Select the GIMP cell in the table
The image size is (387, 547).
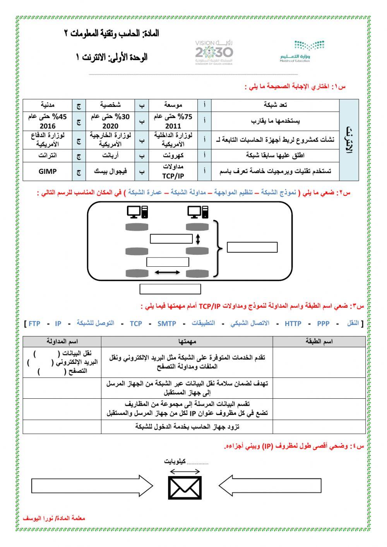point(48,171)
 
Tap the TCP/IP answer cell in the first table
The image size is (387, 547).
point(173,171)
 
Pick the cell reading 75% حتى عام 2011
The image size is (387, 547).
point(173,121)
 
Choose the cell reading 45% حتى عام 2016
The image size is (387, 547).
point(48,121)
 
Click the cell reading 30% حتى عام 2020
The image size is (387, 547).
point(110,121)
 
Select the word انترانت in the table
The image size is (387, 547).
point(48,156)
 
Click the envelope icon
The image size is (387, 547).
point(185,487)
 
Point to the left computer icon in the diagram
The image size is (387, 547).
point(137,212)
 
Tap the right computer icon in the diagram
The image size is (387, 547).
point(198,212)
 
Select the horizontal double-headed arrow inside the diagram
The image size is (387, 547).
point(167,273)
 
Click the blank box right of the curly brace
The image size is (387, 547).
point(252,247)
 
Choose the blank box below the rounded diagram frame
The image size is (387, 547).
point(170,289)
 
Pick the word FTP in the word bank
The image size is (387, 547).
point(34,324)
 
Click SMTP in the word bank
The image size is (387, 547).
point(167,324)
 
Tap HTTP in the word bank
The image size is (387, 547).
point(293,324)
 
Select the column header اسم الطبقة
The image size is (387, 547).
point(319,341)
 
